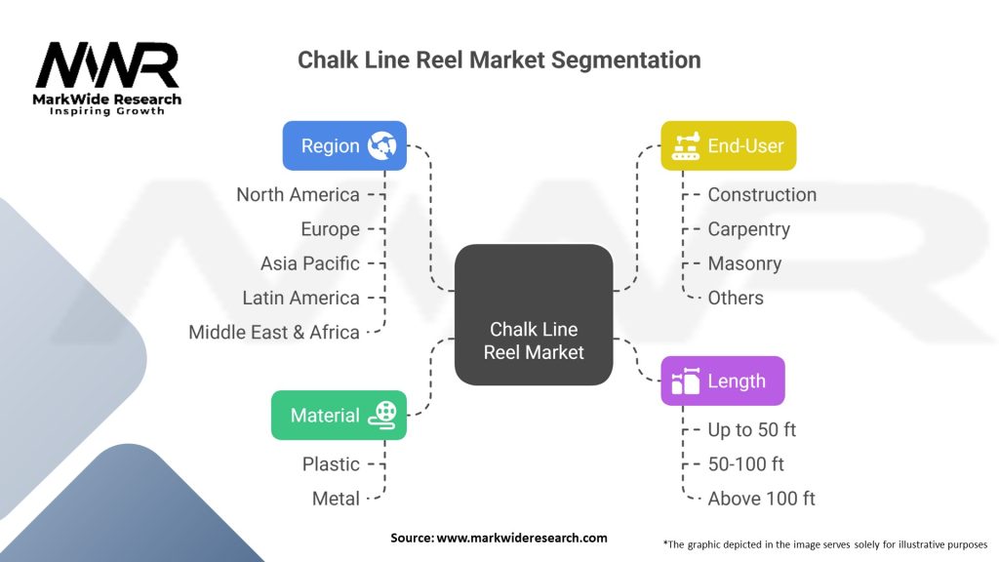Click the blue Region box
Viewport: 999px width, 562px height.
pos(344,145)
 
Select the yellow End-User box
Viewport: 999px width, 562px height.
pos(728,145)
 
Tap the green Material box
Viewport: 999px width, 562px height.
pos(338,415)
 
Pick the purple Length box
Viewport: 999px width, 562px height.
pos(722,381)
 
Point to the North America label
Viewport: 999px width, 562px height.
pos(298,194)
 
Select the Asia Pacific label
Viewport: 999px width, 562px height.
pos(309,263)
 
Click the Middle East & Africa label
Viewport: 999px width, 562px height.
pos(274,332)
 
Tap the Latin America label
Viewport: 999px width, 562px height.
pos(300,298)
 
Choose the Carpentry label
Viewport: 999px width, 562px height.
pos(748,229)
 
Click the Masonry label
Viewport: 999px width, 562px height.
pos(744,263)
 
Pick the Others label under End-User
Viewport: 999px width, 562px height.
pos(736,298)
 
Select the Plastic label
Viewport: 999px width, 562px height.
pos(331,463)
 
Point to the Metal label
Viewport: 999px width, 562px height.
pos(336,498)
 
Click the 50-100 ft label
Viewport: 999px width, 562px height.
pos(745,463)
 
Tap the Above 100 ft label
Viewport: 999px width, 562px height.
pos(761,498)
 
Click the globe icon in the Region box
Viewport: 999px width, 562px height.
pos(381,146)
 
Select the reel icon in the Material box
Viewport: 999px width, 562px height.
pos(382,415)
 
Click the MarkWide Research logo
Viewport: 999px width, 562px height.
pos(107,78)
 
